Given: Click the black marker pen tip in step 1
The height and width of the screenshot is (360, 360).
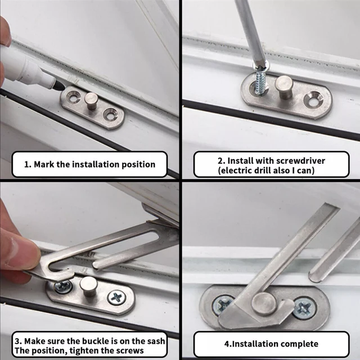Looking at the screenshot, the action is [x=58, y=85].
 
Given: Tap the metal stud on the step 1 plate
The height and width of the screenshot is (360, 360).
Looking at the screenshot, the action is [x=91, y=101].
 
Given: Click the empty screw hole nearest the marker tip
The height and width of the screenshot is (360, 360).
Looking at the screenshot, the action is [x=74, y=97].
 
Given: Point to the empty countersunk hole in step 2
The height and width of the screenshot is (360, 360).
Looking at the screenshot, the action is [x=313, y=99].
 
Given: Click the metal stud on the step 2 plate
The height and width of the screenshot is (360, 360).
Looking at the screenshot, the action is [x=284, y=88].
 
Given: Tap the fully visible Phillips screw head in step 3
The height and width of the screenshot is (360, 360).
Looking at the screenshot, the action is [x=117, y=298].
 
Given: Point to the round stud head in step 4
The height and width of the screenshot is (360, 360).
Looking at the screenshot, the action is [x=264, y=304].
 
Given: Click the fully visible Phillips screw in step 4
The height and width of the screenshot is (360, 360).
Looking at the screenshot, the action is [x=305, y=308].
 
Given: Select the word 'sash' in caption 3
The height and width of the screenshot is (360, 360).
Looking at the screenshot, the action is [x=156, y=341].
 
